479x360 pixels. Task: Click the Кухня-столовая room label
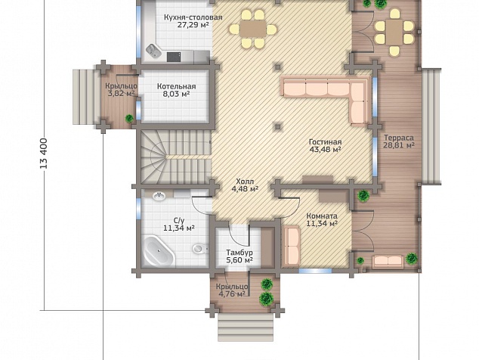pos(193,17)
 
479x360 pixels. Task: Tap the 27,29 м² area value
pos(193,25)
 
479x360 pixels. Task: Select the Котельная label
pos(177,86)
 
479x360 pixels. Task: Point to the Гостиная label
pos(325,142)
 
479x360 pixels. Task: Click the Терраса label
pos(399,138)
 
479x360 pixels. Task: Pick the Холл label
pos(245,182)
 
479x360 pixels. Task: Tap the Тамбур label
pos(239,253)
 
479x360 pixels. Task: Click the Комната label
pos(322,216)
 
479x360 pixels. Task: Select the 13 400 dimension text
pos(44,154)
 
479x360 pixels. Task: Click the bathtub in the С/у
pos(159,251)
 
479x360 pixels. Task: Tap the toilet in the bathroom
pos(199,248)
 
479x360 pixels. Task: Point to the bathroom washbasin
pos(159,196)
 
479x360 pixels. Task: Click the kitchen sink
pos(153,51)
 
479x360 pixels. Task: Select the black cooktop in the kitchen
pos(174,57)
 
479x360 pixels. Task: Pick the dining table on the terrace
pos(394,33)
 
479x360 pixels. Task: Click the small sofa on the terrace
pos(388,261)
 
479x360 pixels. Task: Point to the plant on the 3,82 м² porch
pos(129,118)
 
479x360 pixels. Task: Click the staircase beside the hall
pos(176,157)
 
